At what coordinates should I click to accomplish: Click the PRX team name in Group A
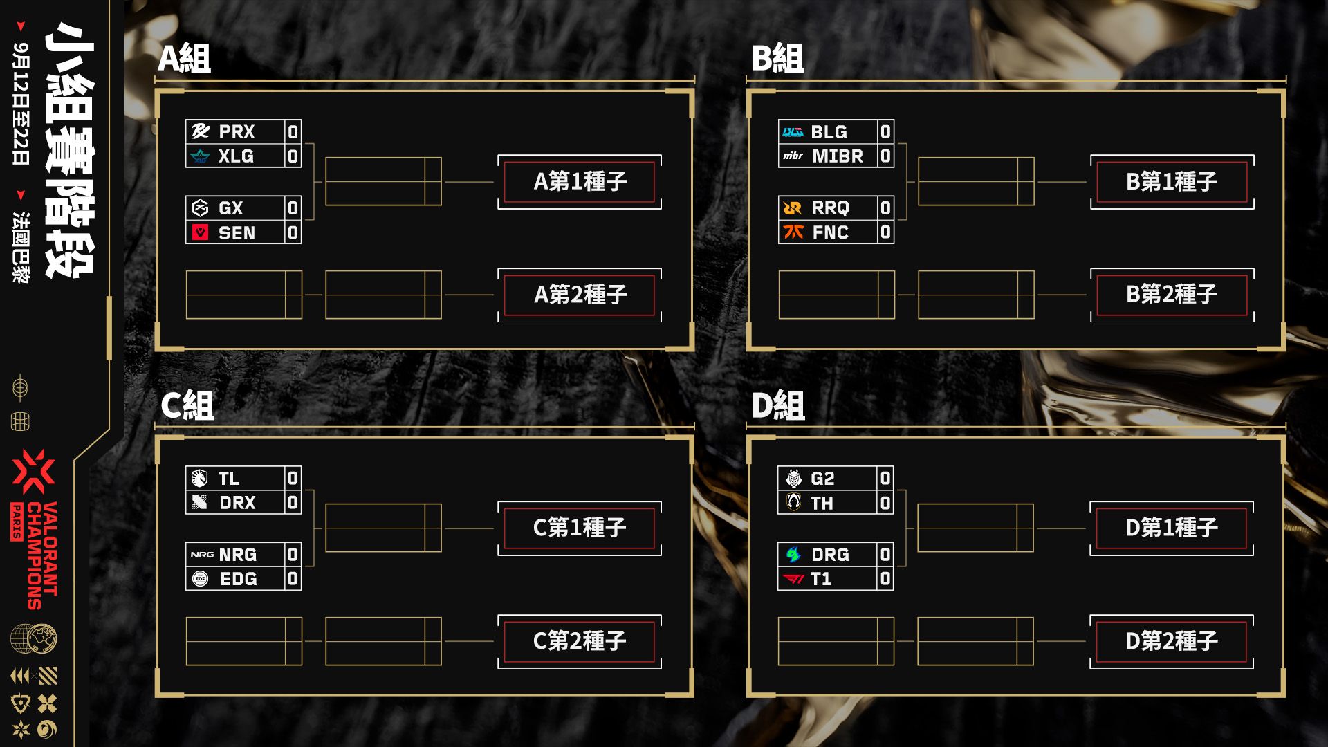pyautogui.click(x=237, y=131)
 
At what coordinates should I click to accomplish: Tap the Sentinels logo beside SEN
pyautogui.click(x=201, y=232)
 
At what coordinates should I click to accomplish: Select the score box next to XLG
pyautogui.click(x=293, y=156)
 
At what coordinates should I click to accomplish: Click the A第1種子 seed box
pyautogui.click(x=580, y=182)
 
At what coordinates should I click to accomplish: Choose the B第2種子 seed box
pyautogui.click(x=1172, y=295)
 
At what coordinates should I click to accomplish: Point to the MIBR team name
pyautogui.click(x=838, y=156)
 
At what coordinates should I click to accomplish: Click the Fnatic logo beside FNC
pyautogui.click(x=793, y=232)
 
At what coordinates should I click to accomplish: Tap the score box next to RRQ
pyautogui.click(x=885, y=207)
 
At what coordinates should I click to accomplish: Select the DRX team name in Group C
pyautogui.click(x=237, y=503)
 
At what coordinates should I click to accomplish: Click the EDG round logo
pyautogui.click(x=201, y=578)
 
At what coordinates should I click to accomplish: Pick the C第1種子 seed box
pyautogui.click(x=580, y=528)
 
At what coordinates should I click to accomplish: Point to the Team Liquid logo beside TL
pyautogui.click(x=200, y=478)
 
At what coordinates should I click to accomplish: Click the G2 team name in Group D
pyautogui.click(x=822, y=479)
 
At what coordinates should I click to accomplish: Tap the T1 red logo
pyautogui.click(x=793, y=579)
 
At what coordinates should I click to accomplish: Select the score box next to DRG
pyautogui.click(x=885, y=555)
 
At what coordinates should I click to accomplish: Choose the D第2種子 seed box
pyautogui.click(x=1172, y=641)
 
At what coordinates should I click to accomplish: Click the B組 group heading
pyautogui.click(x=777, y=58)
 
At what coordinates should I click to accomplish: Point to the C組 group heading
pyautogui.click(x=187, y=405)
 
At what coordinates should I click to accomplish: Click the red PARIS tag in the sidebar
pyautogui.click(x=17, y=522)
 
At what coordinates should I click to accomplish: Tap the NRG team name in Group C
pyautogui.click(x=237, y=555)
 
